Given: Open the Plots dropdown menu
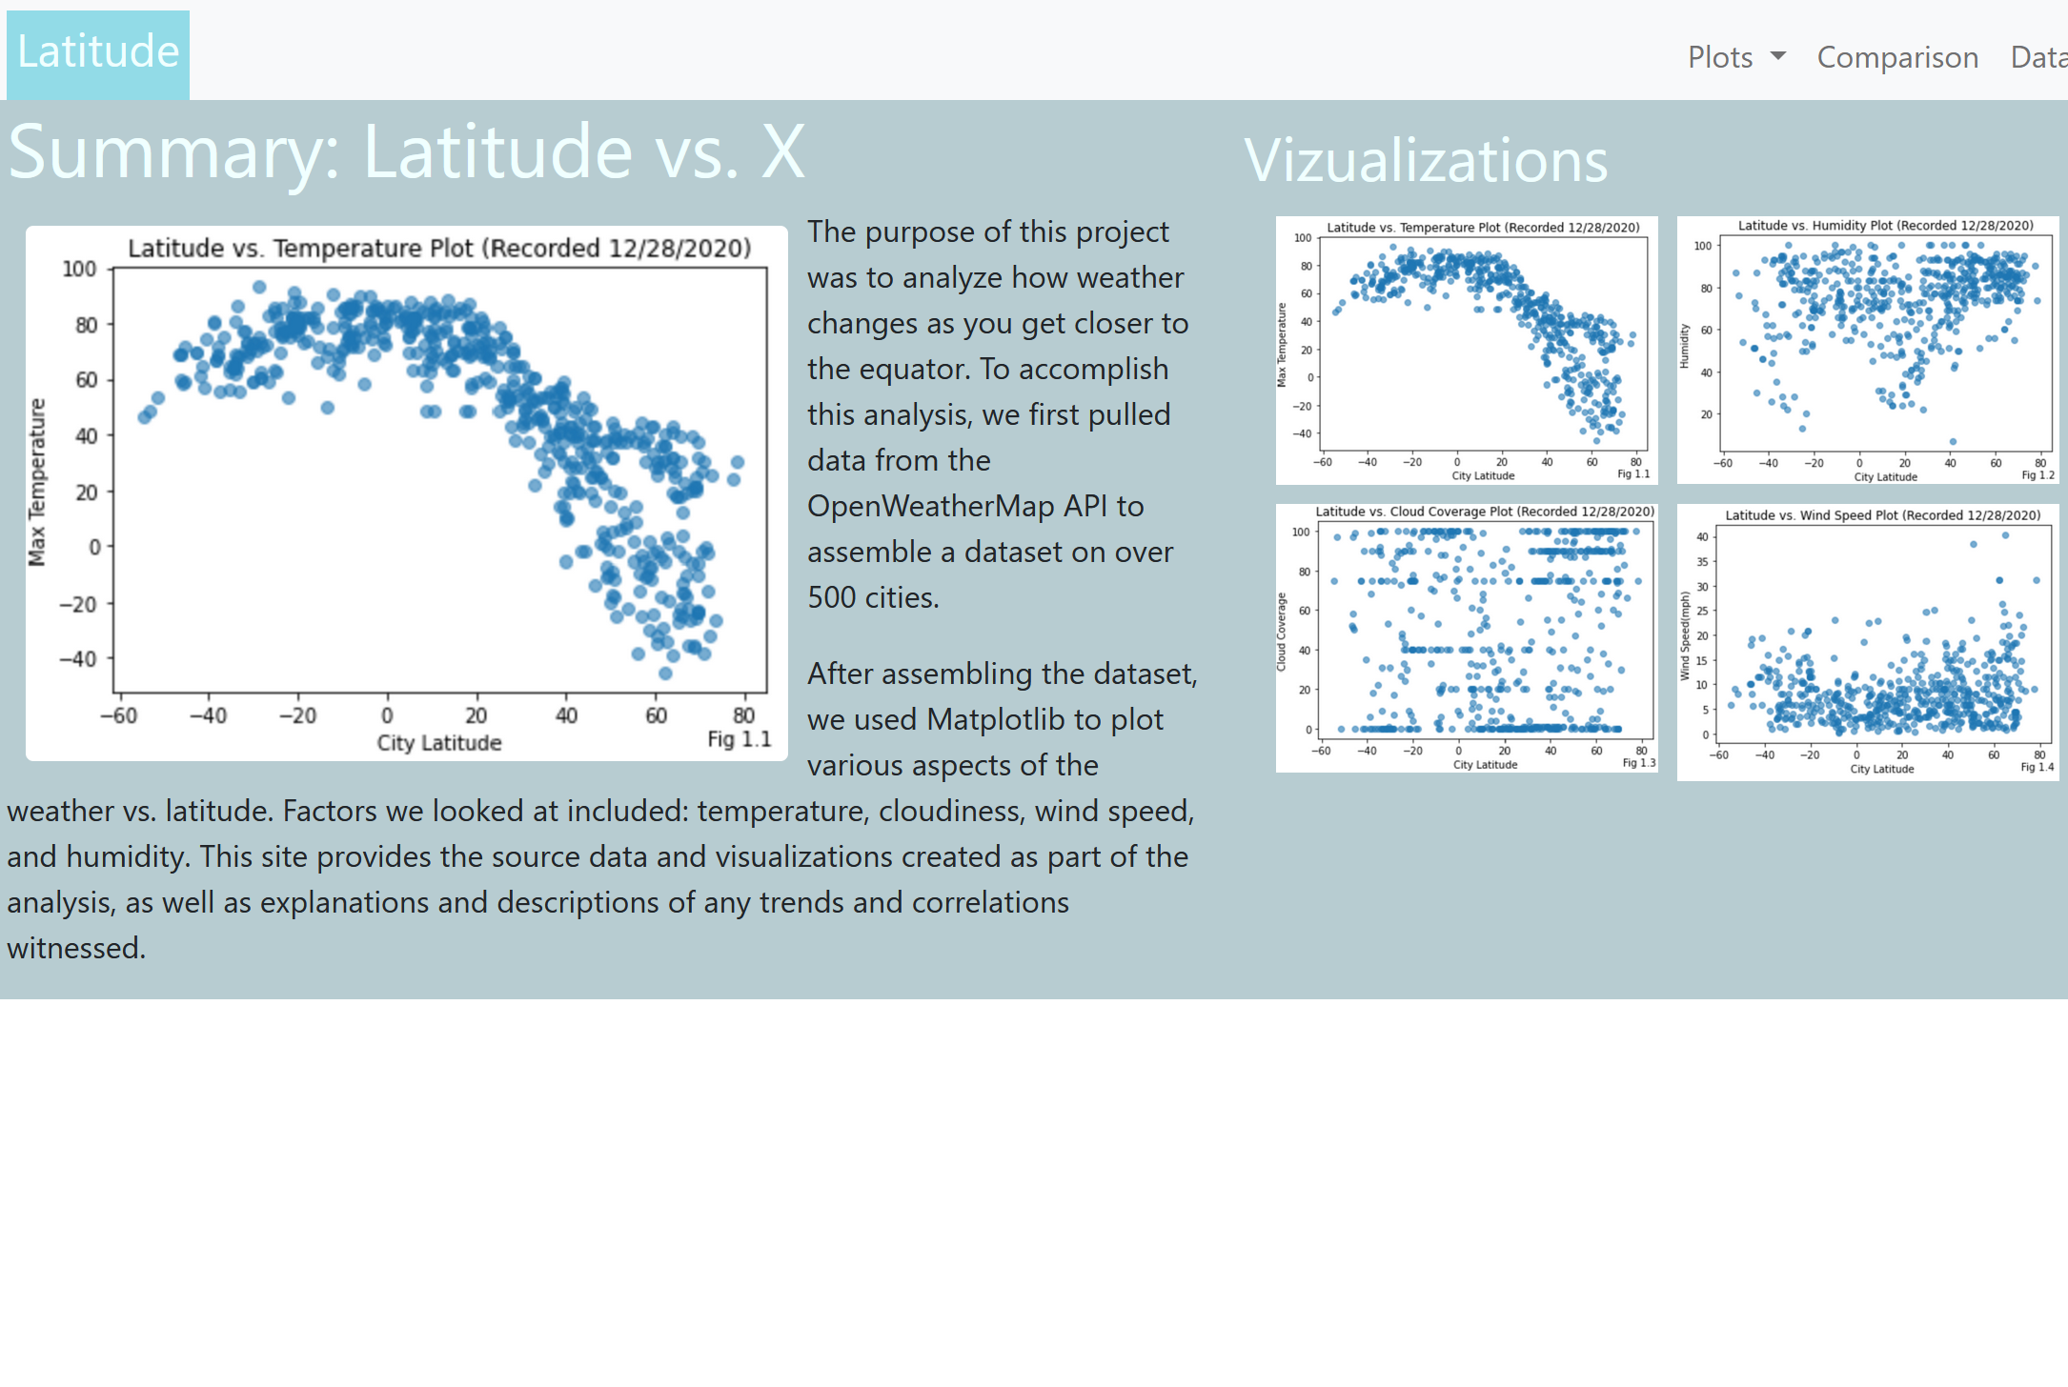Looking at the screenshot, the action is pos(1736,57).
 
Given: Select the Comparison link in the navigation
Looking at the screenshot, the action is pos(1897,57).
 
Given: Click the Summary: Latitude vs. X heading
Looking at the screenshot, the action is pos(407,151).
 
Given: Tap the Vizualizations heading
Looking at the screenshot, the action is pos(1426,160).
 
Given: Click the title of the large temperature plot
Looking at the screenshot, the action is pos(439,249).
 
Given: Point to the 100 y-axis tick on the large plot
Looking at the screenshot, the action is pos(80,269).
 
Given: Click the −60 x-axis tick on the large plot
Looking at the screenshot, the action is pos(118,715).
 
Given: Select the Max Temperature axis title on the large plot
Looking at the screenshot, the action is pos(37,482).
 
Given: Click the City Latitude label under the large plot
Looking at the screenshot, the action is pos(439,743).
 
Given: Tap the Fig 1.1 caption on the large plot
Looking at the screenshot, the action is pos(740,739).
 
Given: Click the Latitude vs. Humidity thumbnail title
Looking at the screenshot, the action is pos(1885,226).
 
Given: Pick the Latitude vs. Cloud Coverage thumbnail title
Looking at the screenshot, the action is pos(1485,512).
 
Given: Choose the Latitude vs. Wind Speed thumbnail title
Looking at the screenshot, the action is pos(1883,515).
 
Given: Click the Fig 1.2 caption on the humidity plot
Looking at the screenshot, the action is pos(2038,474).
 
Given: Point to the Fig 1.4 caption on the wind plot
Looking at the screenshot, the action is pos(2038,767).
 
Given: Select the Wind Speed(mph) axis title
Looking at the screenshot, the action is pos(1685,636).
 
